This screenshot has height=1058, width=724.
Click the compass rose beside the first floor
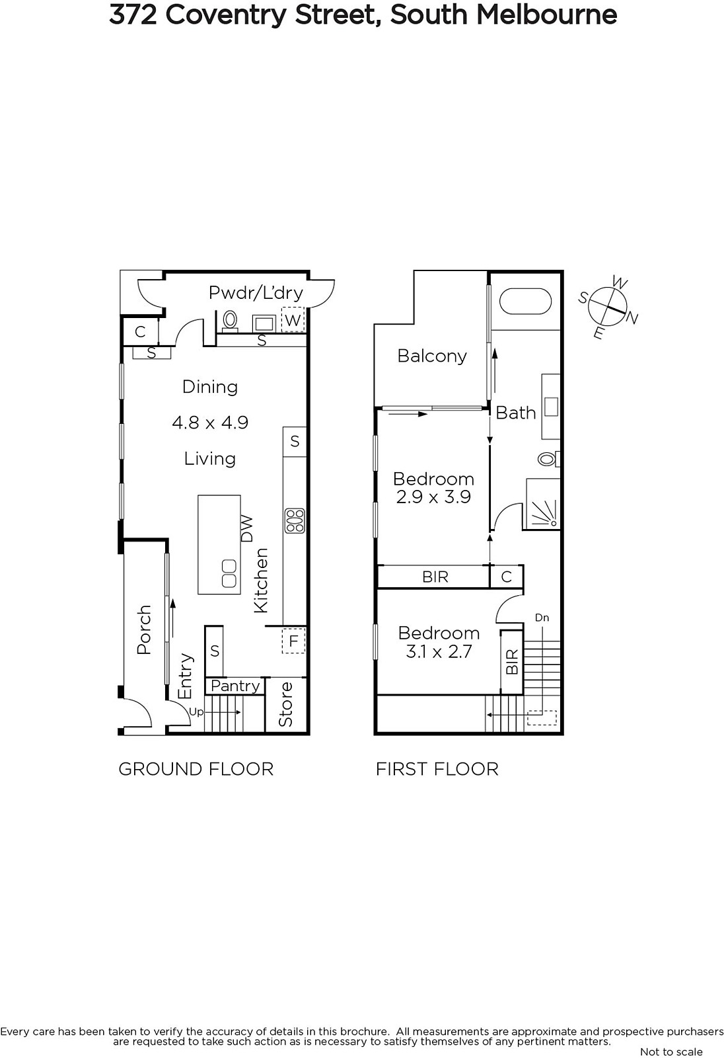pyautogui.click(x=608, y=307)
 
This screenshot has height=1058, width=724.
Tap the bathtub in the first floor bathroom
pyautogui.click(x=525, y=302)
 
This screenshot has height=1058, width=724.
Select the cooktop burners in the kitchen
pyautogui.click(x=295, y=520)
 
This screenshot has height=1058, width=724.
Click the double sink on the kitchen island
pyautogui.click(x=229, y=573)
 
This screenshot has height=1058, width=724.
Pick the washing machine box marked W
pyautogui.click(x=293, y=320)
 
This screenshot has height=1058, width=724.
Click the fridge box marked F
pyautogui.click(x=293, y=641)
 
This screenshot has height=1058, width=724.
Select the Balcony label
pyautogui.click(x=432, y=356)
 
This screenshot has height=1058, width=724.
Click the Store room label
pyautogui.click(x=285, y=704)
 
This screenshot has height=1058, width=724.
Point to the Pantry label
pyautogui.click(x=235, y=686)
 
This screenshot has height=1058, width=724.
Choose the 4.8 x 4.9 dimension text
pyautogui.click(x=210, y=423)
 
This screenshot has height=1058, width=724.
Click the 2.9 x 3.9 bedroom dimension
pyautogui.click(x=433, y=497)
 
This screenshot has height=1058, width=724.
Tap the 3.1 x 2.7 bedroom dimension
pyautogui.click(x=439, y=652)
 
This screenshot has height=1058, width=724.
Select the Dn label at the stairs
pyautogui.click(x=542, y=618)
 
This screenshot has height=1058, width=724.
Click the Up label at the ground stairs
pyautogui.click(x=196, y=712)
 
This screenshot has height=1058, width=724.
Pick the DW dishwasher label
pyautogui.click(x=247, y=528)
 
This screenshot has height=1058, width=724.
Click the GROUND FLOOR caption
pyautogui.click(x=196, y=770)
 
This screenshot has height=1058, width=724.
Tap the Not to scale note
pyautogui.click(x=671, y=1051)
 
